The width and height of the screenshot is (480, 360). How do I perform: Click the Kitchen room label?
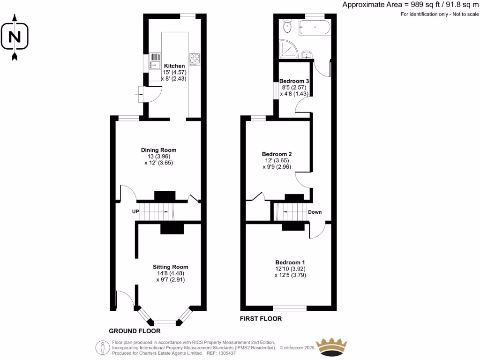(174, 66)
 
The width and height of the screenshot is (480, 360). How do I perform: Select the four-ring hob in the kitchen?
(194, 59)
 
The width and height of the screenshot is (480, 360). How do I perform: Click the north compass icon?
(15, 37)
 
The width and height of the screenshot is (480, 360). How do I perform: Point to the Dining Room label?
(158, 150)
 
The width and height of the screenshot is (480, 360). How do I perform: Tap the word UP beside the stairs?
(135, 212)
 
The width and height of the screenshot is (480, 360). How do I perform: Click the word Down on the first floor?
(315, 212)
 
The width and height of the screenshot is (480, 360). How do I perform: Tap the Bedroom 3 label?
(294, 81)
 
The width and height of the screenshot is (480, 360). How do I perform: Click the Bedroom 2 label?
(277, 154)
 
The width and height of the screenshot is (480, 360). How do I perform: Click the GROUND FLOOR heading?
(131, 331)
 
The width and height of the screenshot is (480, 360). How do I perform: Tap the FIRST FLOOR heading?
(261, 319)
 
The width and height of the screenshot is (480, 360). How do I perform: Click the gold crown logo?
(332, 346)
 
